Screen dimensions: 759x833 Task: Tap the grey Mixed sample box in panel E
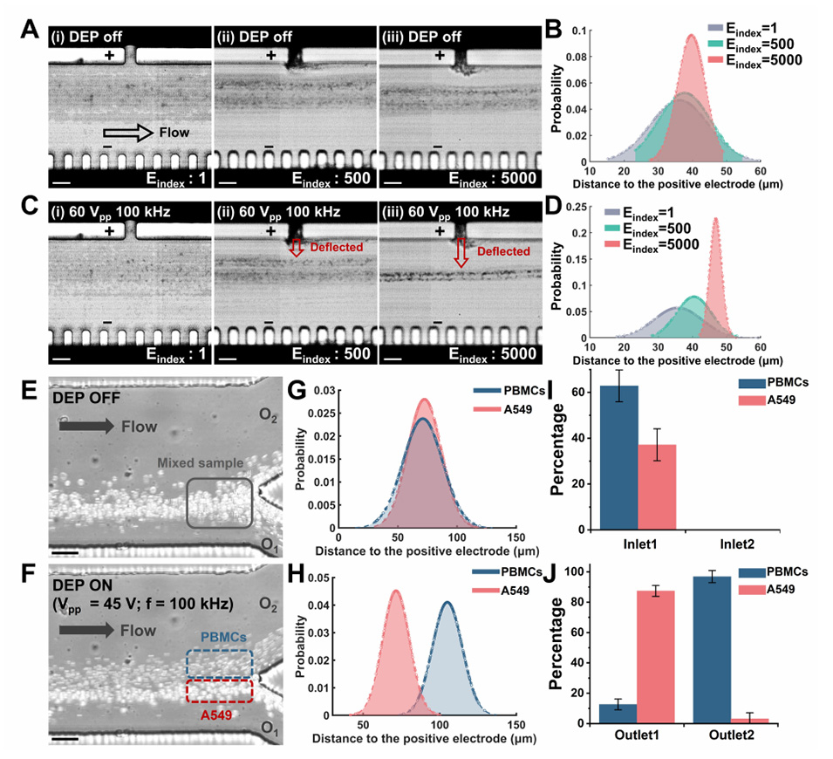[220, 503]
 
